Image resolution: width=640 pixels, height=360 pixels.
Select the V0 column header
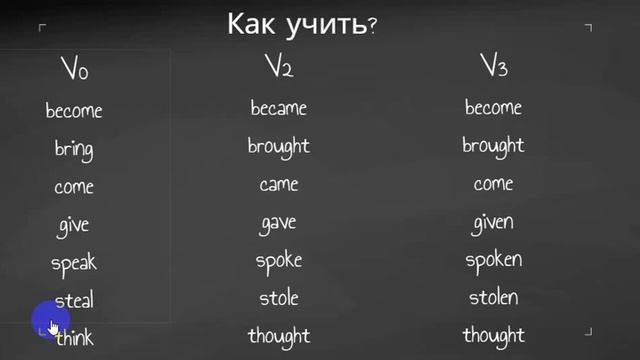click(x=74, y=71)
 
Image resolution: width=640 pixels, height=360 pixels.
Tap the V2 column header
click(x=278, y=68)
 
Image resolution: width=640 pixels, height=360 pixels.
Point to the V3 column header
click(x=493, y=68)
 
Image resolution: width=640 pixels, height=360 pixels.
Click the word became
click(x=278, y=108)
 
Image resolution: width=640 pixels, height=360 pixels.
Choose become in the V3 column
click(x=493, y=108)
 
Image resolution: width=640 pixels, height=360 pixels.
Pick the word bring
click(x=74, y=149)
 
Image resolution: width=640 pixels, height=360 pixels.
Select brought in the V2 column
click(x=278, y=146)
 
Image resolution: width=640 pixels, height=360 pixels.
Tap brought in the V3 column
click(x=493, y=146)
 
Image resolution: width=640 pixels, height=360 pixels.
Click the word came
click(x=278, y=185)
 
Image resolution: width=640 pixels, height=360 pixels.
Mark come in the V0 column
click(x=74, y=187)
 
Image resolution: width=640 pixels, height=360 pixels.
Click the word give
click(x=74, y=225)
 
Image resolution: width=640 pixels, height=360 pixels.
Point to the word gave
click(x=278, y=223)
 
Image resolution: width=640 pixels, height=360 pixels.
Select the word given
click(x=493, y=222)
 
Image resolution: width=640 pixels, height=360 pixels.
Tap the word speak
click(x=74, y=263)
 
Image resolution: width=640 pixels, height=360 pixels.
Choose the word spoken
click(x=493, y=260)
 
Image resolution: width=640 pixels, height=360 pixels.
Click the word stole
click(x=278, y=298)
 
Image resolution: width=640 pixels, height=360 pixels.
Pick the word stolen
click(x=493, y=298)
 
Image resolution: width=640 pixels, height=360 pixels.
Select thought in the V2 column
click(x=278, y=336)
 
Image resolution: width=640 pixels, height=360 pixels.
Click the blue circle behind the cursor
click(x=45, y=320)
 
